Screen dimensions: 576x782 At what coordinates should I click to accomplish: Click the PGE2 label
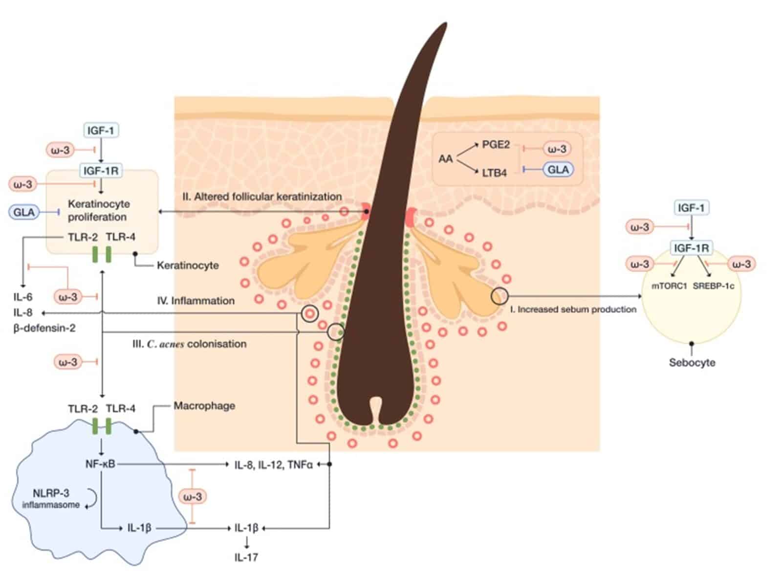496,145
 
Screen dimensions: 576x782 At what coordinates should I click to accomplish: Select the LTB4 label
494,173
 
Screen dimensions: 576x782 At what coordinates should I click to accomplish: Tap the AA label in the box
446,159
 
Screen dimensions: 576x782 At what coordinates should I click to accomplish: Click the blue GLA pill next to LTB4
558,170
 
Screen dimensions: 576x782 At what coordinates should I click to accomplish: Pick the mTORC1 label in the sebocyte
669,286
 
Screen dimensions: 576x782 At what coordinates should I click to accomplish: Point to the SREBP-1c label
713,286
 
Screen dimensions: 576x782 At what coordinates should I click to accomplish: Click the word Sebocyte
692,363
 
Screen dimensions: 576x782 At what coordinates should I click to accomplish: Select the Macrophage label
204,406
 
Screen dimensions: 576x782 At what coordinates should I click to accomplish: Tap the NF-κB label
100,464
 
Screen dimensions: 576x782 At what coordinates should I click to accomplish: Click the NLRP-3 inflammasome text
51,499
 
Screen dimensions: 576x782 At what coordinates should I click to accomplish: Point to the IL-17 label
246,557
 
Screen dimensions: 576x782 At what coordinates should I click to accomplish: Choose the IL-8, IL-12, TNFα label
273,465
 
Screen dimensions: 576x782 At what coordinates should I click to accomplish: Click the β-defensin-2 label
44,328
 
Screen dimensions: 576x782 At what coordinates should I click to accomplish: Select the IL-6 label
23,297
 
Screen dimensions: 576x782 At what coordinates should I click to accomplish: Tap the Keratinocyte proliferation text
98,210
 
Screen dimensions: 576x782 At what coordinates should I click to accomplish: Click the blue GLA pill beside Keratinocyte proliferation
24,212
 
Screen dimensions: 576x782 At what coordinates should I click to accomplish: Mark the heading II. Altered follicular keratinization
262,197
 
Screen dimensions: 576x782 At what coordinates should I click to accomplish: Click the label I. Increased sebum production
577,309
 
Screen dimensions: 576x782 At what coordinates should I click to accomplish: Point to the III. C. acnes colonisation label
189,344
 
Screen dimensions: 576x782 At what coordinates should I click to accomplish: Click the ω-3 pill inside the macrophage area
193,497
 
